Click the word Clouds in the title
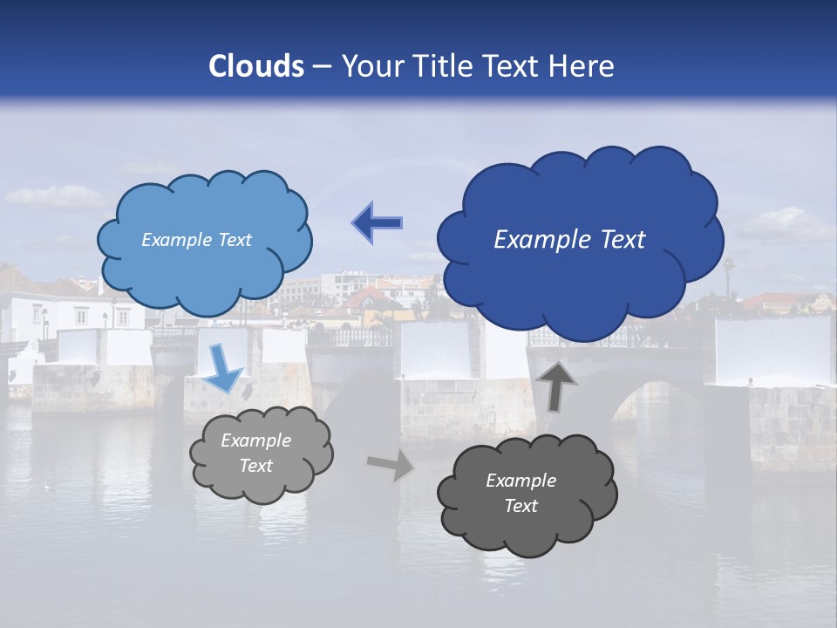pos(256,66)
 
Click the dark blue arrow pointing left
pos(378,222)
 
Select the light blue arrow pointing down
pos(224,367)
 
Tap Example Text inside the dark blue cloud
pos(569,240)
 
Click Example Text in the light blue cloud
pos(196,240)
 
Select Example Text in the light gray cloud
pos(256,454)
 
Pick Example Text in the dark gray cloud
pos(521,494)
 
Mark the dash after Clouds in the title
pos(321,66)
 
